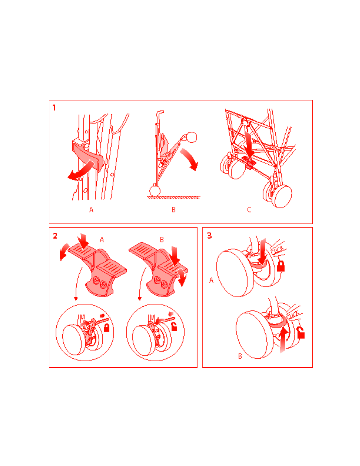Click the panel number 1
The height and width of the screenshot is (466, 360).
54,107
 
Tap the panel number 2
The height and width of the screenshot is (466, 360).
55,236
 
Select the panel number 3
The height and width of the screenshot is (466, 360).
209,236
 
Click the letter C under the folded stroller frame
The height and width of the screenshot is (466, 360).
249,210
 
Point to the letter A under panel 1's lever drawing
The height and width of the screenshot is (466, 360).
91,210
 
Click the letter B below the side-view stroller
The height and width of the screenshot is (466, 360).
174,210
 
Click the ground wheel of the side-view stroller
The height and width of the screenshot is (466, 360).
155,191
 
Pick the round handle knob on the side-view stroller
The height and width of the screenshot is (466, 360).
192,137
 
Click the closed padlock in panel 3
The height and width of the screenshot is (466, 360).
281,266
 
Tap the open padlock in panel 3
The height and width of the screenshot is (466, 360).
301,333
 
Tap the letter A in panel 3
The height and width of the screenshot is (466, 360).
211,280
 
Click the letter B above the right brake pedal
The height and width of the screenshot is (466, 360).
162,240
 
